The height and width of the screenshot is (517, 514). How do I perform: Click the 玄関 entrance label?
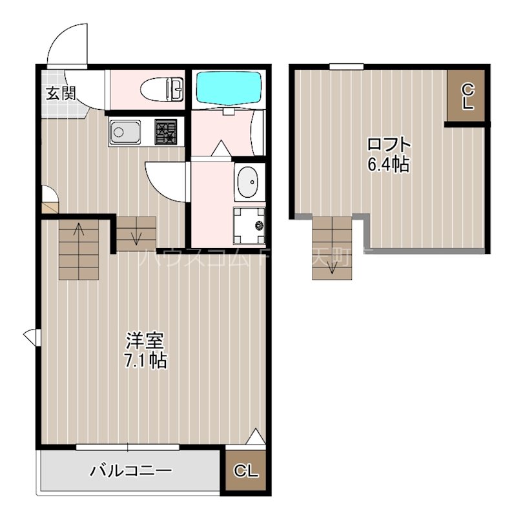60,93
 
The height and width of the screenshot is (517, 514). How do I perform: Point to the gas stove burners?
167,132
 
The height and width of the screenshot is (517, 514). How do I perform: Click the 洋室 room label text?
145,340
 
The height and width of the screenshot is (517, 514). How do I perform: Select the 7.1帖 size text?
146,360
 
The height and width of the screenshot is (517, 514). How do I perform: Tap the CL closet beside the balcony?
246,470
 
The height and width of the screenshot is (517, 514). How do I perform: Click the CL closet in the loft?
467,96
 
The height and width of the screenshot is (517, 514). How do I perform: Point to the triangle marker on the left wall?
30,335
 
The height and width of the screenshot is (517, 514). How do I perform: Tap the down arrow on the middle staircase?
136,237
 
